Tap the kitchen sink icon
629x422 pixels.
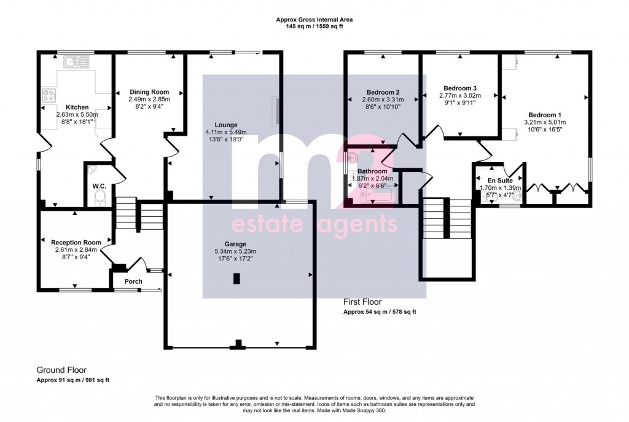tap(77, 61)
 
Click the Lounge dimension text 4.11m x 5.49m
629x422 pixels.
tap(225, 131)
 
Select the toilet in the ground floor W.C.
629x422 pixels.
tap(100, 197)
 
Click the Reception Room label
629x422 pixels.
tap(76, 242)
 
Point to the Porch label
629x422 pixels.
tap(133, 281)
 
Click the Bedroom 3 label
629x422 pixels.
tap(460, 88)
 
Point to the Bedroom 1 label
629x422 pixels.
tap(544, 115)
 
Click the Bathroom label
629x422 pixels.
tap(373, 171)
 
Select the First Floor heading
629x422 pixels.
tap(362, 302)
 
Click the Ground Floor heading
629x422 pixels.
tap(61, 370)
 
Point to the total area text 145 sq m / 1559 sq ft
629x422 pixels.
tap(314, 27)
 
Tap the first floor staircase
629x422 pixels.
tap(447, 218)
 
